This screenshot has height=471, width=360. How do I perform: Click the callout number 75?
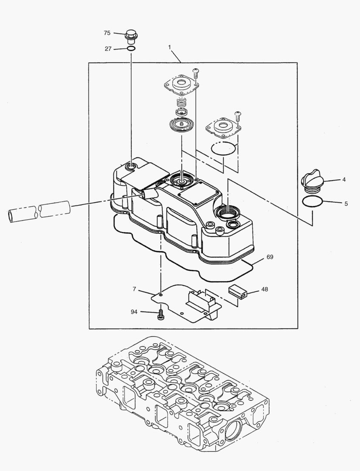pyautogui.click(x=107, y=33)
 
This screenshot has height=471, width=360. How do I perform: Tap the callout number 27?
pyautogui.click(x=108, y=49)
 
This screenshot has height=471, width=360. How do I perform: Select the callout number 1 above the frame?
pyautogui.click(x=170, y=46)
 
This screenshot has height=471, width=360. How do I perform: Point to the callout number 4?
pyautogui.click(x=344, y=179)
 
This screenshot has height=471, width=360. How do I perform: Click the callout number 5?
pyautogui.click(x=346, y=203)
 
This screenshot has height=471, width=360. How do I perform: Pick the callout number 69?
pyautogui.click(x=270, y=257)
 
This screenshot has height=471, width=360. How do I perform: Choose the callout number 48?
pyautogui.click(x=135, y=289)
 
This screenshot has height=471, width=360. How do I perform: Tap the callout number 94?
pyautogui.click(x=134, y=312)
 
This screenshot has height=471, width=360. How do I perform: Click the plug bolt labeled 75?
pyautogui.click(x=130, y=35)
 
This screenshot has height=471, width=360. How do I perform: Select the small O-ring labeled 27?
pyautogui.click(x=131, y=48)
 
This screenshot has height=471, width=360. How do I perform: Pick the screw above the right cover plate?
pyautogui.click(x=238, y=116)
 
